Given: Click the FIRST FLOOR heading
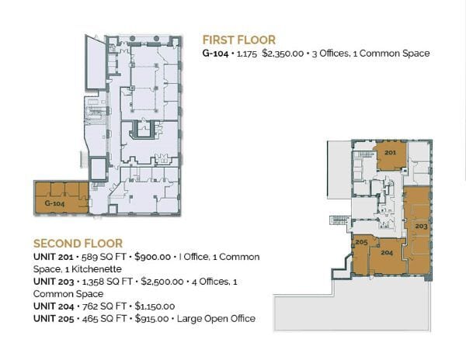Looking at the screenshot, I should coord(238,40).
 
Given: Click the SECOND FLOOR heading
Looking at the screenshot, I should coord(78,243).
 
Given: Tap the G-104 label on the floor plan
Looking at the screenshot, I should coord(54,202).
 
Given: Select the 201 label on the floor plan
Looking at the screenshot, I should coord(390,153).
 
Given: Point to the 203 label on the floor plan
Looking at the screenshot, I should coord(420,225).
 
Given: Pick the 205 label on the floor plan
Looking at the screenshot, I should coord(361,242).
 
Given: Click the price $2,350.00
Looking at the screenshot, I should coord(282,54).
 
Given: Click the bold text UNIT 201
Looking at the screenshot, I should coord(54,257).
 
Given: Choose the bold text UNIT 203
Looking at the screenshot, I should coord(54,282).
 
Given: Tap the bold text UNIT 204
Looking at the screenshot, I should coord(54,306).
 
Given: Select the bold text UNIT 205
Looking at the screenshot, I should coord(54,319).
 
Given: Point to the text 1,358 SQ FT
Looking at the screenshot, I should coord(110,282).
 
